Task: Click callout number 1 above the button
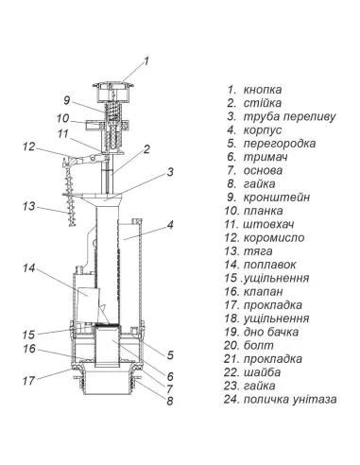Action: (146, 60)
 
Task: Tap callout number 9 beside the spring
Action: (66, 100)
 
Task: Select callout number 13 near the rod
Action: (28, 206)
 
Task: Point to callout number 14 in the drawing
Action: (28, 268)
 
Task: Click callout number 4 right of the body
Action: (170, 225)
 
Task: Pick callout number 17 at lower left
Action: (28, 381)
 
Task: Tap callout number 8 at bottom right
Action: (170, 401)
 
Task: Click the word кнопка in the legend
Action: (263, 90)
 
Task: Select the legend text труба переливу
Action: (290, 116)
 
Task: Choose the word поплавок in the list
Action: (270, 265)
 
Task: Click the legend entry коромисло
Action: (274, 238)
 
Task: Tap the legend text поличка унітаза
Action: (290, 400)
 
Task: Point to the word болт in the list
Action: (259, 345)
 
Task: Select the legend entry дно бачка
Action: (271, 332)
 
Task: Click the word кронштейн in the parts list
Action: (277, 198)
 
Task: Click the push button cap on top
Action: (111, 92)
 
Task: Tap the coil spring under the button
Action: (112, 112)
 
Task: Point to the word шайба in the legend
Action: (262, 372)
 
